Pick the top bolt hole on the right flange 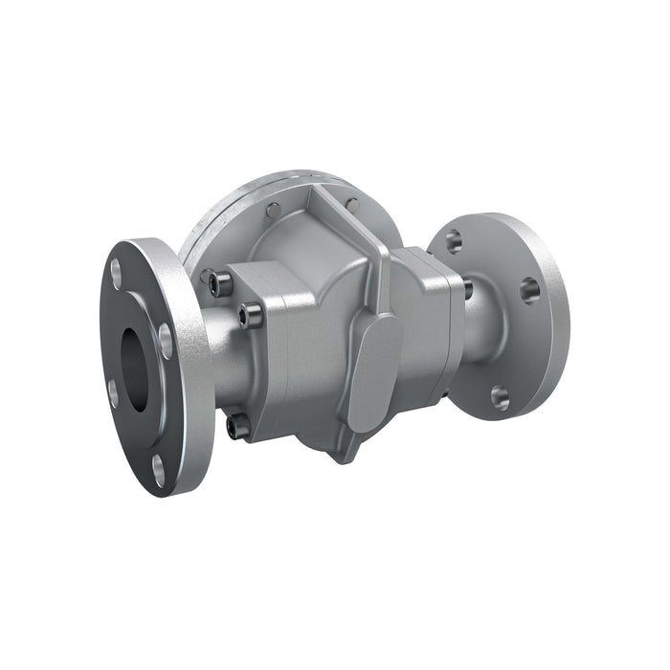point(454,240)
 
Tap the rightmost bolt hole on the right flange point(528,288)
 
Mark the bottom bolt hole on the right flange point(500,395)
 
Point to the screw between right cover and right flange point(467,288)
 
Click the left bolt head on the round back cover point(275,212)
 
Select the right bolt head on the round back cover point(352,204)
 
